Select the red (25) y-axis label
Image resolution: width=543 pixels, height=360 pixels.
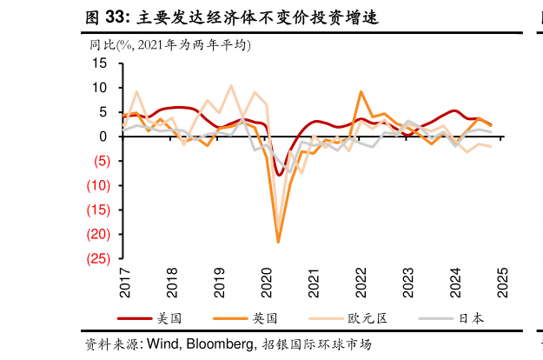(96, 258)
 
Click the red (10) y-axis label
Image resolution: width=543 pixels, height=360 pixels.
(96, 185)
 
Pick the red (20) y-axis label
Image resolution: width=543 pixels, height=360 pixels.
(96, 234)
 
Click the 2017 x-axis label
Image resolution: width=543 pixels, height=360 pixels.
(123, 281)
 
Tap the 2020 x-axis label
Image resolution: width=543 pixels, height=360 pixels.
(267, 281)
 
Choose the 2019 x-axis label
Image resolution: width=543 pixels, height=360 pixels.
(219, 281)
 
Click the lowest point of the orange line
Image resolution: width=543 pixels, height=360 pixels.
(278, 242)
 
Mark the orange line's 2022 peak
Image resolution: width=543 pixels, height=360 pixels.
(361, 91)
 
